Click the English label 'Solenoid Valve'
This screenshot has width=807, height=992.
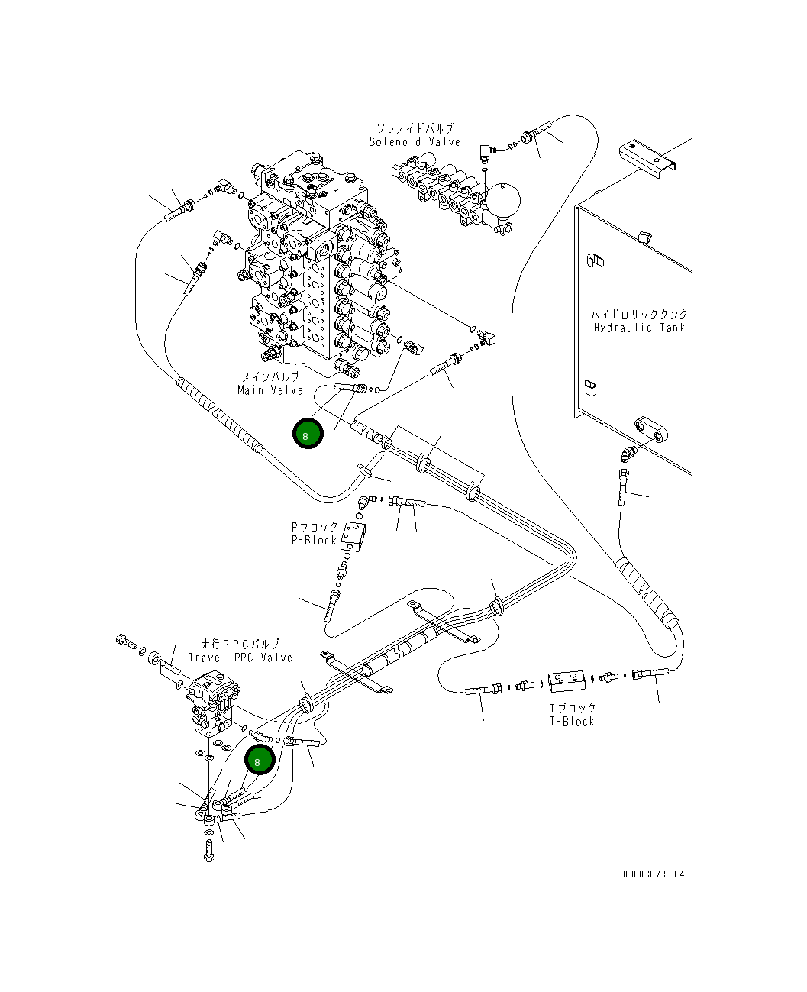(415, 141)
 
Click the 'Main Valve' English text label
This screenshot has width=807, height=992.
(270, 390)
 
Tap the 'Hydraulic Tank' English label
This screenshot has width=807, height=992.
(639, 328)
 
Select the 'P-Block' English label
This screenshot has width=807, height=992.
(314, 540)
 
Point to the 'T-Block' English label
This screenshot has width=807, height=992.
(571, 721)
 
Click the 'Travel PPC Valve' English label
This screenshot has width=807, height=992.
(240, 657)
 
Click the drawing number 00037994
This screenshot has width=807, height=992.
(654, 874)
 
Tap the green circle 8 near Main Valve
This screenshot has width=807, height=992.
(308, 434)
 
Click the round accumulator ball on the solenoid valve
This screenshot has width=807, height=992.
(503, 200)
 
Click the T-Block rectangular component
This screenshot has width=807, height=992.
(568, 677)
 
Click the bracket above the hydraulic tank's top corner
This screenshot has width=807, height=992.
(649, 158)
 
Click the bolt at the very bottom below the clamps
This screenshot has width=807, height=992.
(209, 850)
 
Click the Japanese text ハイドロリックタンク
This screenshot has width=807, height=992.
(639, 314)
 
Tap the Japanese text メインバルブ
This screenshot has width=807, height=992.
(270, 377)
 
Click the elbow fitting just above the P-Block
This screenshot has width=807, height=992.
(367, 502)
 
